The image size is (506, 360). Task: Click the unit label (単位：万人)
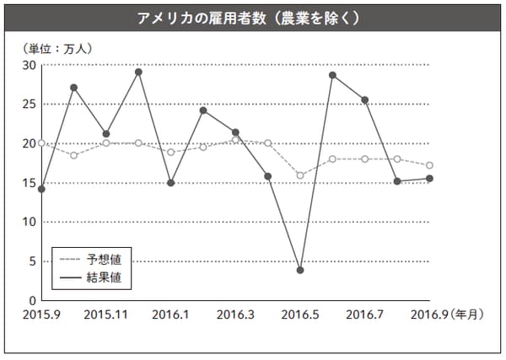(x=57, y=47)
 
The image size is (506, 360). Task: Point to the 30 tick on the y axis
(x=28, y=65)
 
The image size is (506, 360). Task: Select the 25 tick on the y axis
(x=28, y=105)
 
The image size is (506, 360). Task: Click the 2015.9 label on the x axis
(x=42, y=314)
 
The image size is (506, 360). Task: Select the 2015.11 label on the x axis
(x=107, y=314)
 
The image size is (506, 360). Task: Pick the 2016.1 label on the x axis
(x=171, y=314)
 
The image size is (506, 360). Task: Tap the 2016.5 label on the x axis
(x=301, y=314)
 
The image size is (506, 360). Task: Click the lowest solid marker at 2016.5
(x=300, y=270)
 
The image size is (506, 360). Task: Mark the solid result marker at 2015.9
(x=41, y=189)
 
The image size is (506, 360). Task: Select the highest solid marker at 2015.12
(x=138, y=72)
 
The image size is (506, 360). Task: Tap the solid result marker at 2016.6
(x=332, y=75)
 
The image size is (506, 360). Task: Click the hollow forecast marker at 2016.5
(x=300, y=175)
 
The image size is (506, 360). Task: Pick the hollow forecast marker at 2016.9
(x=430, y=165)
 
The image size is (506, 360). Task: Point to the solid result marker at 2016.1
(x=171, y=183)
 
